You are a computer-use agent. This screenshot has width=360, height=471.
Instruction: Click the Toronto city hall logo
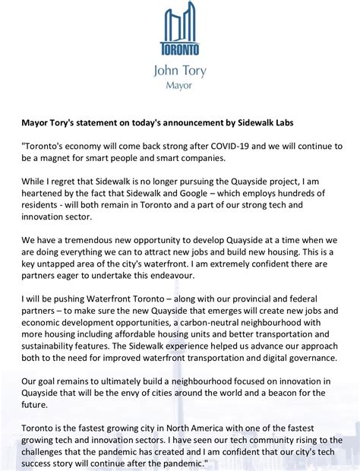(x=180, y=30)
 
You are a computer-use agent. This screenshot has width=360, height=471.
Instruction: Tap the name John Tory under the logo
(x=180, y=73)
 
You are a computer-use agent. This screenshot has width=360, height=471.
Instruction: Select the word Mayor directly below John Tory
(x=180, y=86)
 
